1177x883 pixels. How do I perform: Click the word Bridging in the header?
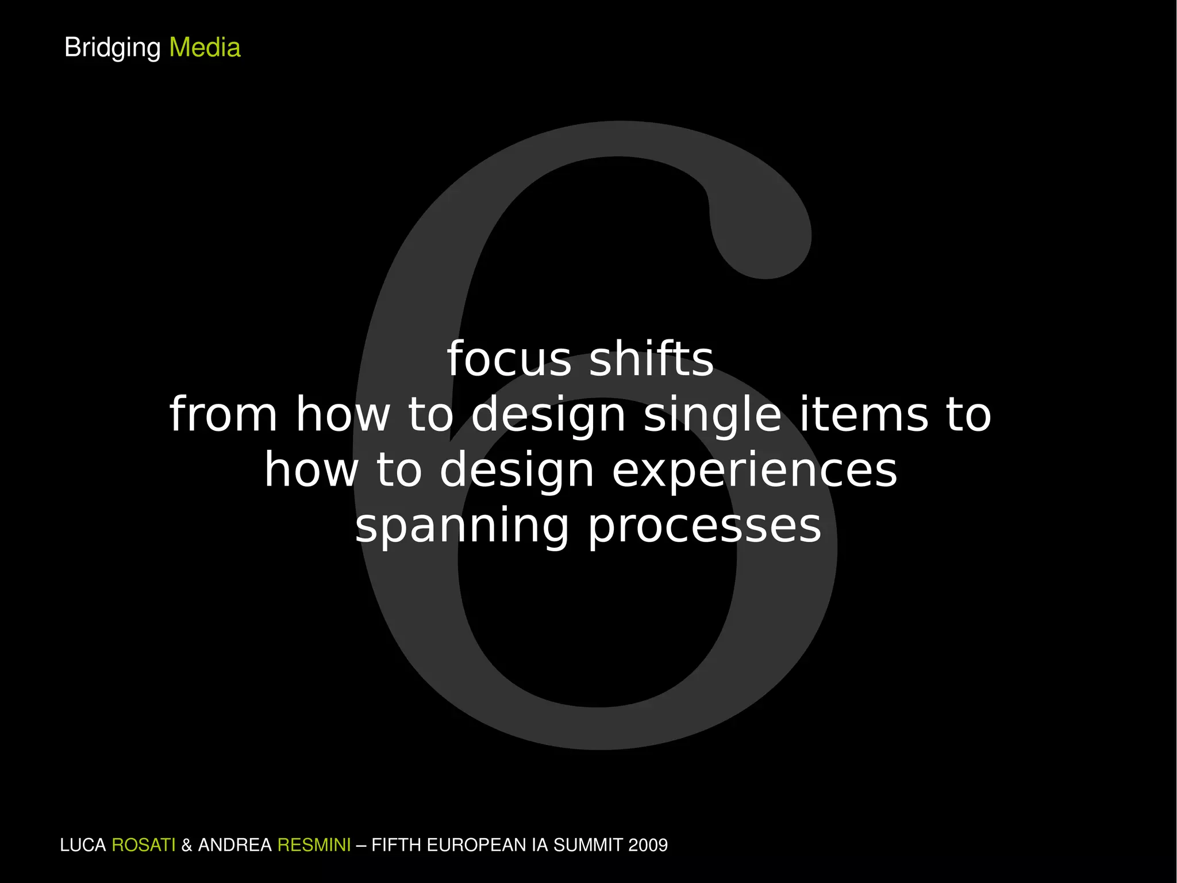[112, 48]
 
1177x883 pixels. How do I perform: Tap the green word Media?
[205, 48]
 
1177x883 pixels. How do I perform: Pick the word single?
[712, 415]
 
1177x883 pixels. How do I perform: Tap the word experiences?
[754, 471]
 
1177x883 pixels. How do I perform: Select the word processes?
[705, 527]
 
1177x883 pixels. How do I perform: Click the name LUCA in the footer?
[83, 845]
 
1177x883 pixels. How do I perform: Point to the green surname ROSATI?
[143, 845]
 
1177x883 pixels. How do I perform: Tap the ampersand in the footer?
[186, 845]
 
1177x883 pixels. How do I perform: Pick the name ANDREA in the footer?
[234, 845]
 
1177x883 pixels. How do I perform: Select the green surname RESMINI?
[314, 845]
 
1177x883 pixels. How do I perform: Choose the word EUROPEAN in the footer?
[476, 845]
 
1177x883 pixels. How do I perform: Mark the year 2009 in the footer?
[648, 845]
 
